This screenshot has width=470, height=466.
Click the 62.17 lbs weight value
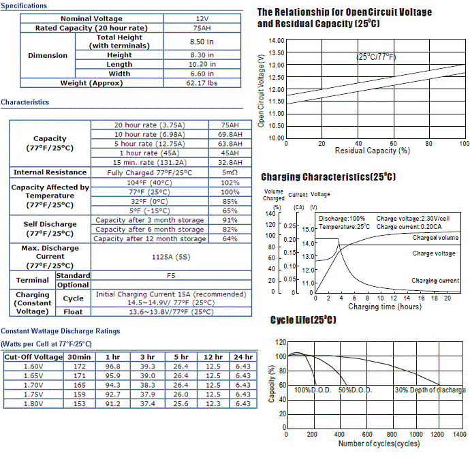click(202, 83)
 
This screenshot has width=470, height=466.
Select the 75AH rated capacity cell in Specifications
click(202, 28)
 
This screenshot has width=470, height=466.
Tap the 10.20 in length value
click(202, 64)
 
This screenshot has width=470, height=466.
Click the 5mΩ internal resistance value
click(230, 172)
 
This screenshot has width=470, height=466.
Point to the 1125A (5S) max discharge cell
click(171, 257)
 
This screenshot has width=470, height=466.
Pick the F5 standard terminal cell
click(171, 276)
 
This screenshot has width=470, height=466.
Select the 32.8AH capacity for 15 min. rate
click(230, 163)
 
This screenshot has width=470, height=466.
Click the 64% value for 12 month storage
click(230, 238)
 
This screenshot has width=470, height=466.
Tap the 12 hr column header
click(213, 357)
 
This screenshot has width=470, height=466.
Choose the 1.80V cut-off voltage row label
click(33, 403)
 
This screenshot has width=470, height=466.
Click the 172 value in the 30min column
click(80, 366)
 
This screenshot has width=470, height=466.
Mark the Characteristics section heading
click(25, 102)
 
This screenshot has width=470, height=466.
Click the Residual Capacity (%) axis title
click(373, 151)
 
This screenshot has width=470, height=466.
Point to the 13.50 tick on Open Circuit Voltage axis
click(277, 52)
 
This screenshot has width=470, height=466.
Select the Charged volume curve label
click(435, 238)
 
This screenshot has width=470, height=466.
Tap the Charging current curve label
click(435, 281)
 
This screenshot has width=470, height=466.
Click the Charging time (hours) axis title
click(385, 307)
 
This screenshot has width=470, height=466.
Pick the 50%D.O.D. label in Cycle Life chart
click(355, 390)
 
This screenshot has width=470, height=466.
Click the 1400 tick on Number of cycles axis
click(460, 434)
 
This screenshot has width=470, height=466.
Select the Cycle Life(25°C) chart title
click(303, 320)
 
